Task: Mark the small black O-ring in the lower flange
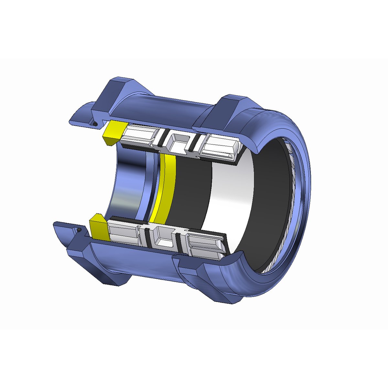click(x=79, y=230)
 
